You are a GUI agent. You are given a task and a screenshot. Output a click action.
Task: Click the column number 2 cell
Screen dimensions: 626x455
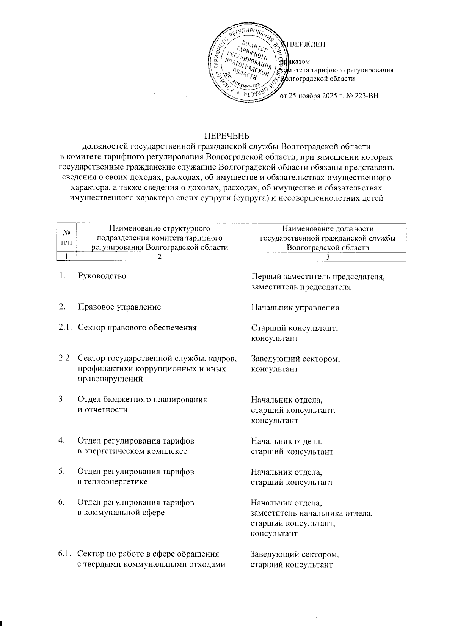click(160, 257)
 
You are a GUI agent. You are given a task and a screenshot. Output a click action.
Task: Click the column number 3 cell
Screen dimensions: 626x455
click(328, 257)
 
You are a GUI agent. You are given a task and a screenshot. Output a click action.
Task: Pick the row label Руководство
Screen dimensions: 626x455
click(102, 276)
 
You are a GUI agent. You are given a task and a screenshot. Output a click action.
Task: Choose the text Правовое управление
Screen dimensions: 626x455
click(119, 307)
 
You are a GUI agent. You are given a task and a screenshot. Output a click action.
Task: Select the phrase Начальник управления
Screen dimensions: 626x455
click(295, 307)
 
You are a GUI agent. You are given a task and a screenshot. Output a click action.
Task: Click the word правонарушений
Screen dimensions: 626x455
click(110, 379)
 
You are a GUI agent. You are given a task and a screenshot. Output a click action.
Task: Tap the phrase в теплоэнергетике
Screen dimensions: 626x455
click(113, 482)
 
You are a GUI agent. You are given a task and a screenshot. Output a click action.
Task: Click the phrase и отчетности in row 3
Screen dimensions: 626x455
click(102, 410)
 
